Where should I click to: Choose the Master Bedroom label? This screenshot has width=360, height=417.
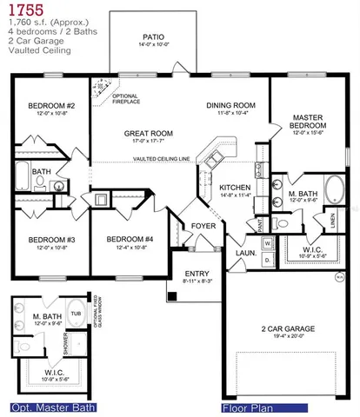click(x=309, y=121)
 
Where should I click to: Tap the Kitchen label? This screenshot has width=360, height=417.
click(x=235, y=188)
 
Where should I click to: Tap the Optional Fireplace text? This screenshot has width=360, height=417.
click(x=126, y=98)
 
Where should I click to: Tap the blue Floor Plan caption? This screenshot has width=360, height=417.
click(x=252, y=407)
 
